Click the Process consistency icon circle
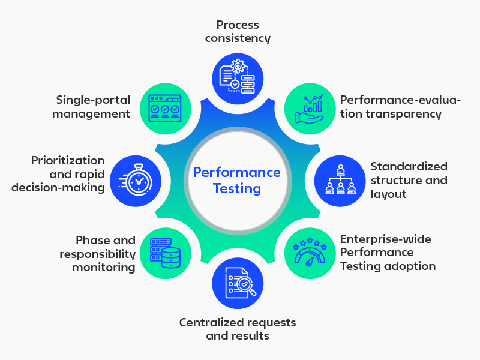[x=238, y=77]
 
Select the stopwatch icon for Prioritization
[x=136, y=181]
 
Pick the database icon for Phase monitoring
[x=165, y=251]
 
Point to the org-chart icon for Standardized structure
[x=340, y=181]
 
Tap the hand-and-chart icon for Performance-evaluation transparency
[x=310, y=108]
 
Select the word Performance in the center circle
[x=236, y=173]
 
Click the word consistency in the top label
[x=238, y=38]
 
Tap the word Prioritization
[x=68, y=161]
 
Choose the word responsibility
[x=97, y=254]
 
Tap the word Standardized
[x=409, y=167]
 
